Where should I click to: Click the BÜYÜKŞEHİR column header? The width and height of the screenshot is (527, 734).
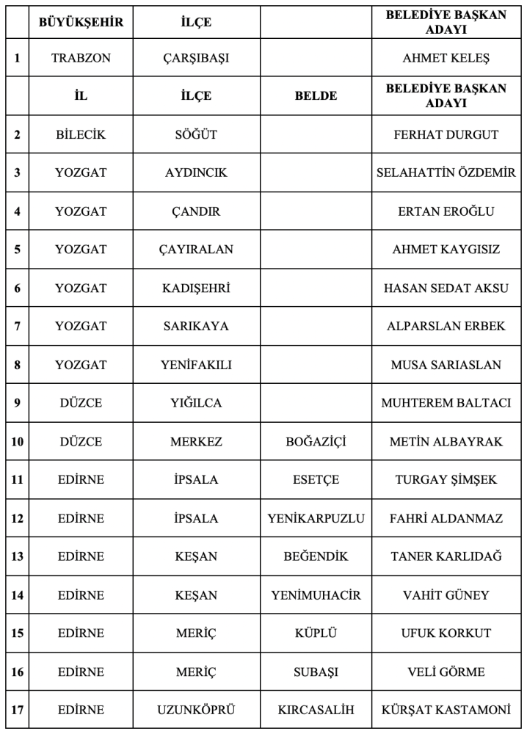coord(81,22)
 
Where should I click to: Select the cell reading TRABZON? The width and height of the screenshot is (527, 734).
coord(81,58)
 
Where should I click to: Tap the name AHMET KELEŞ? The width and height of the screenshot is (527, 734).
coord(446,58)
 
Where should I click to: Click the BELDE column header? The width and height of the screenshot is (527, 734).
coord(315,96)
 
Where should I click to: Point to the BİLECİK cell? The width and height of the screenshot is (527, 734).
coord(81,134)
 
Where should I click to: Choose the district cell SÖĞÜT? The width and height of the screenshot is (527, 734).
coord(196,134)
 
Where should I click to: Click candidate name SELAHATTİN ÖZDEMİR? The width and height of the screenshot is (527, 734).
coord(446,173)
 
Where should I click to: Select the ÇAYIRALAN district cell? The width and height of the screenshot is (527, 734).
coord(196,250)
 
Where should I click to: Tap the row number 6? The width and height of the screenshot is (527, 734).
coord(17,288)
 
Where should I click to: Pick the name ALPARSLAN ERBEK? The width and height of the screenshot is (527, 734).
coord(446,327)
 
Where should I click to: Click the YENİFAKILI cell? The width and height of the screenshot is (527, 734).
coord(196,365)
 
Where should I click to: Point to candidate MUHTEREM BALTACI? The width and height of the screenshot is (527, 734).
coord(446,403)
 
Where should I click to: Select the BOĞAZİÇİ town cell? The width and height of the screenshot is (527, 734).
coord(315,442)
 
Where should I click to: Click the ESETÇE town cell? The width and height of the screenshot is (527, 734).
coord(315,480)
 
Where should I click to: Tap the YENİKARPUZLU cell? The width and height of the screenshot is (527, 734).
coord(315,518)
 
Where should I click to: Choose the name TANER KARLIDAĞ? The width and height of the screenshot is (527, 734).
coord(446,556)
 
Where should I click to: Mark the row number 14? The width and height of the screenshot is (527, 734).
coord(17,595)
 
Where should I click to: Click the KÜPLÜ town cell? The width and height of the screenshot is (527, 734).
coord(315,633)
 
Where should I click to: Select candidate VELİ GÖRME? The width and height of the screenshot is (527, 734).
coord(446,672)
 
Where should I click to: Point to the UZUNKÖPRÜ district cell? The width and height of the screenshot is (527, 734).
coord(196,710)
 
